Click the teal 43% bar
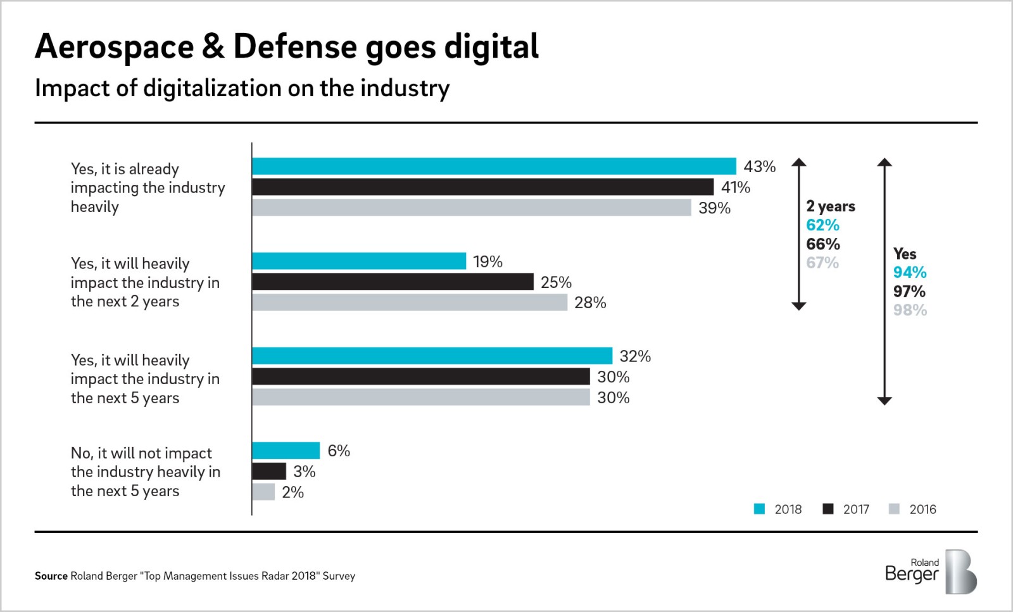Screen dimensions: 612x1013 [x=494, y=166]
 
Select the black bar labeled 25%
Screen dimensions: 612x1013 [x=393, y=282]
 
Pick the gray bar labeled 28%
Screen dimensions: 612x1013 [x=410, y=303]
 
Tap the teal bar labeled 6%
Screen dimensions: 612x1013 [x=286, y=451]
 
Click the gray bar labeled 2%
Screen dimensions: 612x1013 [x=263, y=492]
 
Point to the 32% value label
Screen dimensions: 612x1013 [x=635, y=356]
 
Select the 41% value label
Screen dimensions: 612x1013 [x=736, y=187]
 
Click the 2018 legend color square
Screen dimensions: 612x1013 [x=759, y=509]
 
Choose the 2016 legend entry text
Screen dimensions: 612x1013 [x=922, y=509]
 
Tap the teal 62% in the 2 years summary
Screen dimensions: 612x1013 [x=822, y=225]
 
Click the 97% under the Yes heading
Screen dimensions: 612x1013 [x=909, y=292]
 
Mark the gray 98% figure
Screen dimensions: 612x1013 [x=910, y=310]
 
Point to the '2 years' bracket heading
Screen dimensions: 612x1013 [x=830, y=206]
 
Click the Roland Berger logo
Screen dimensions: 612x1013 [x=930, y=571]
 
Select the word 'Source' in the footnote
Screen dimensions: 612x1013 [x=51, y=576]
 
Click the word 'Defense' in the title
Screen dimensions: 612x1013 [x=295, y=47]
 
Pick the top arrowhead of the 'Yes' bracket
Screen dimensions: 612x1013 [x=884, y=162]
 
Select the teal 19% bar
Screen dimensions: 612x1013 [x=359, y=261]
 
